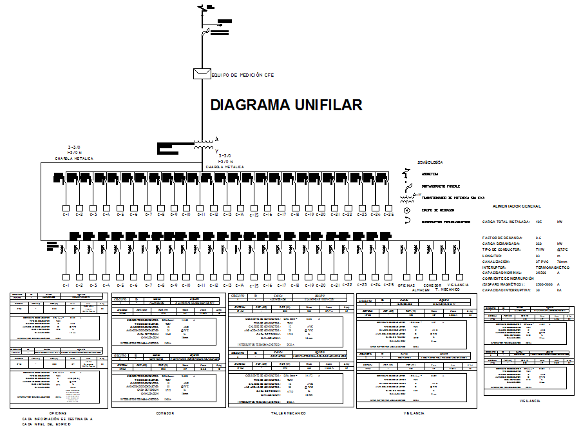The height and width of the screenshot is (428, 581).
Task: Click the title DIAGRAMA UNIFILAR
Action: pyautogui.click(x=287, y=105)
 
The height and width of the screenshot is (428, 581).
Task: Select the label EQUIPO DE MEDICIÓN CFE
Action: pyautogui.click(x=243, y=75)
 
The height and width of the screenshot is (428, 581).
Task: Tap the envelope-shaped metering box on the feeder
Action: pyautogui.click(x=202, y=73)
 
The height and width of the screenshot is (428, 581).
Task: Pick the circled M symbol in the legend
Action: pyautogui.click(x=406, y=210)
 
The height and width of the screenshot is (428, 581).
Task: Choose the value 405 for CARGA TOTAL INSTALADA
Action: pyautogui.click(x=538, y=222)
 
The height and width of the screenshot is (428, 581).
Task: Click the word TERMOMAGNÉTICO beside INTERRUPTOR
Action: pyautogui.click(x=553, y=267)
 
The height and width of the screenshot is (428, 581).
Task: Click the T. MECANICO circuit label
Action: pyautogui.click(x=446, y=290)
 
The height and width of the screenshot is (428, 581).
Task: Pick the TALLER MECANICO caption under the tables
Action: pyautogui.click(x=288, y=413)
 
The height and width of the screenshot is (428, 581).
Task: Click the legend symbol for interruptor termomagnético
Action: pyautogui.click(x=406, y=221)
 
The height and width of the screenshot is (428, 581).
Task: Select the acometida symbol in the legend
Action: pyautogui.click(x=406, y=174)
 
